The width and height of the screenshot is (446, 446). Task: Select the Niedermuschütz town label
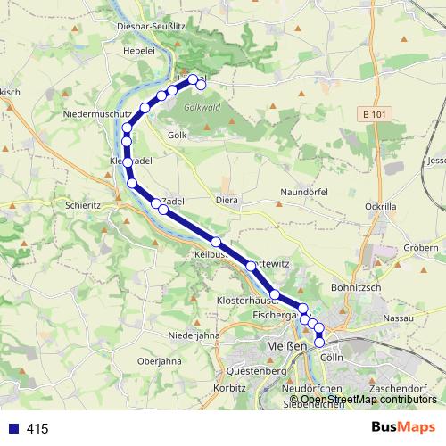pyautogui.click(x=97, y=115)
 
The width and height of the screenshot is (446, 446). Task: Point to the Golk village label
pyautogui.click(x=177, y=135)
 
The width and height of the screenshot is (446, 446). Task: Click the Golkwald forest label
pyautogui.click(x=202, y=106)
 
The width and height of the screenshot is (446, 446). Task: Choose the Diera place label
pyautogui.click(x=227, y=201)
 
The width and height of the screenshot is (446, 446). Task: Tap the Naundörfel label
pyautogui.click(x=305, y=192)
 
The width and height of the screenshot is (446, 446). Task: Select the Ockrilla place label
pyautogui.click(x=380, y=206)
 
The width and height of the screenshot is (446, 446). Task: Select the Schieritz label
pyautogui.click(x=83, y=204)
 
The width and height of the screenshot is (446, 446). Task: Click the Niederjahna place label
pyautogui.click(x=194, y=335)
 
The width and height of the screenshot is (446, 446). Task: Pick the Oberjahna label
pyautogui.click(x=161, y=362)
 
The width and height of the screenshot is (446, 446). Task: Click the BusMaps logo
pyautogui.click(x=403, y=427)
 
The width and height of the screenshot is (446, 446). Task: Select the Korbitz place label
pyautogui.click(x=230, y=390)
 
